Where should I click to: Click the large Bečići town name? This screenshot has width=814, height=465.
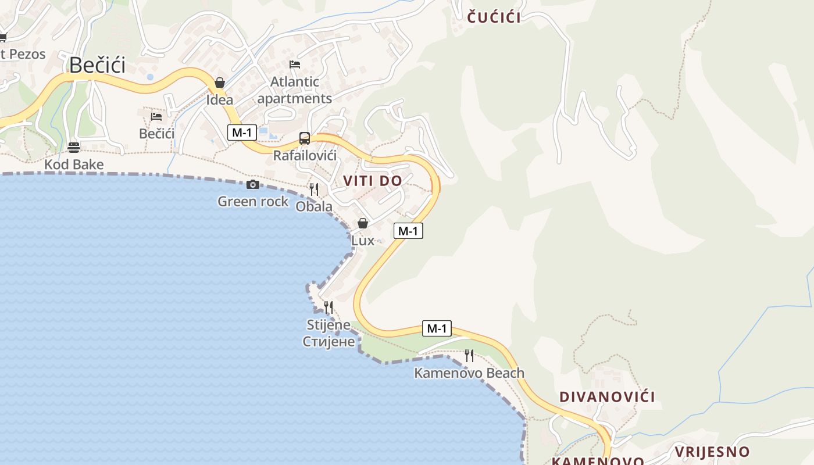(x=97, y=65)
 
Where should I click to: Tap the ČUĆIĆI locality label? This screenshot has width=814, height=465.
(x=494, y=17)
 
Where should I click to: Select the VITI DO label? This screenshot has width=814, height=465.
(x=372, y=181)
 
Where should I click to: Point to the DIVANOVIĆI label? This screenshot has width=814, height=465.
(x=606, y=397)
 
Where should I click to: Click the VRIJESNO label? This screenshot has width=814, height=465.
(x=712, y=452)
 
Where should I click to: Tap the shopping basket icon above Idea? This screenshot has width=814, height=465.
(x=220, y=83)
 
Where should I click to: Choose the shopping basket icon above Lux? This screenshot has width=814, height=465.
(x=363, y=223)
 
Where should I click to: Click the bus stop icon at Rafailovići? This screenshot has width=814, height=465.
(x=305, y=138)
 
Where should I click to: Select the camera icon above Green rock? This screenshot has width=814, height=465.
(x=253, y=185)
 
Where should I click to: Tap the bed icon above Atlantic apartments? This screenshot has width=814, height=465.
(x=295, y=65)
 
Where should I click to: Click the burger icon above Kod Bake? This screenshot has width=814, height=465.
(x=74, y=147)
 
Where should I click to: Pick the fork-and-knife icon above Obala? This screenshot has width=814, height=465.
(x=314, y=189)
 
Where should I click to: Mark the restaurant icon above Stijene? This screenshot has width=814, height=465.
(x=329, y=307)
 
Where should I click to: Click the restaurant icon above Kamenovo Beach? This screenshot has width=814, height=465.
(x=469, y=355)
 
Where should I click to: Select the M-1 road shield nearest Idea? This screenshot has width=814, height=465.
(x=241, y=133)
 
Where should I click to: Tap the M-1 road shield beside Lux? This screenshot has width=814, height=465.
(x=408, y=231)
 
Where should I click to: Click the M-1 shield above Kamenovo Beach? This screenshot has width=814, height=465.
(x=436, y=328)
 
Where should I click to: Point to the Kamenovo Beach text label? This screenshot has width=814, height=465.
(x=469, y=373)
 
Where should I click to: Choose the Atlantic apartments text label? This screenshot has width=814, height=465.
(x=295, y=90)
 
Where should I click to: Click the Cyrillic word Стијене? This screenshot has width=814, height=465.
(x=329, y=342)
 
